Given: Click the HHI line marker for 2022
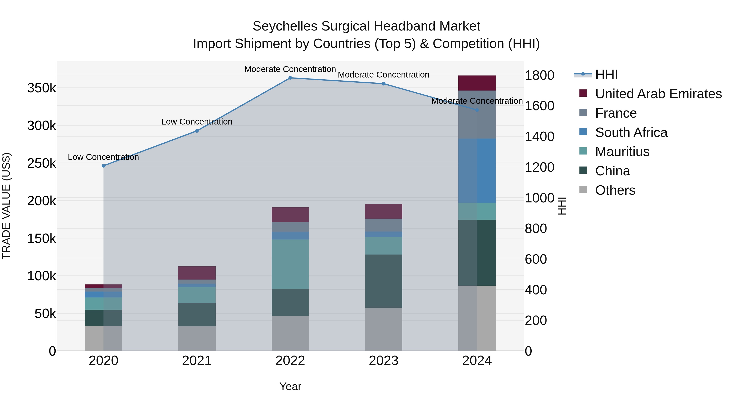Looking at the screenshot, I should [290, 78].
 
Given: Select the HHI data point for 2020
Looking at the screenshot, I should [104, 166].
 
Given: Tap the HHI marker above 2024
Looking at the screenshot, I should [477, 110].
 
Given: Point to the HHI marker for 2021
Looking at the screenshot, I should [197, 131].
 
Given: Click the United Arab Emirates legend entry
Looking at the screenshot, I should [658, 94].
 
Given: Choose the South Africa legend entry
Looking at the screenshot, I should [631, 132].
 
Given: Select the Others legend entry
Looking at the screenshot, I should [615, 190].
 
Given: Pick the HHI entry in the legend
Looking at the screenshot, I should [606, 74].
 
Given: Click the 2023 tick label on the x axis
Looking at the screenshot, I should [384, 361].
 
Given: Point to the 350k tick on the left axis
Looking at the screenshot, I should [42, 88].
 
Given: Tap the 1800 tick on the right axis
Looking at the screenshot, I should [539, 76].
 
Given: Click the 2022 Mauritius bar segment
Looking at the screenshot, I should [290, 264].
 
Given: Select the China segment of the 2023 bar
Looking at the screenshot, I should [384, 281].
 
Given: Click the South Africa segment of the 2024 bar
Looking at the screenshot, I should [477, 171].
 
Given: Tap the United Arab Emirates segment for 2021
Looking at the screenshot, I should [197, 273].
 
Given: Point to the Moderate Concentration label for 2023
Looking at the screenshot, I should [384, 75].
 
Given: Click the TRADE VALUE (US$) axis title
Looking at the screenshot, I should [6, 206].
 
